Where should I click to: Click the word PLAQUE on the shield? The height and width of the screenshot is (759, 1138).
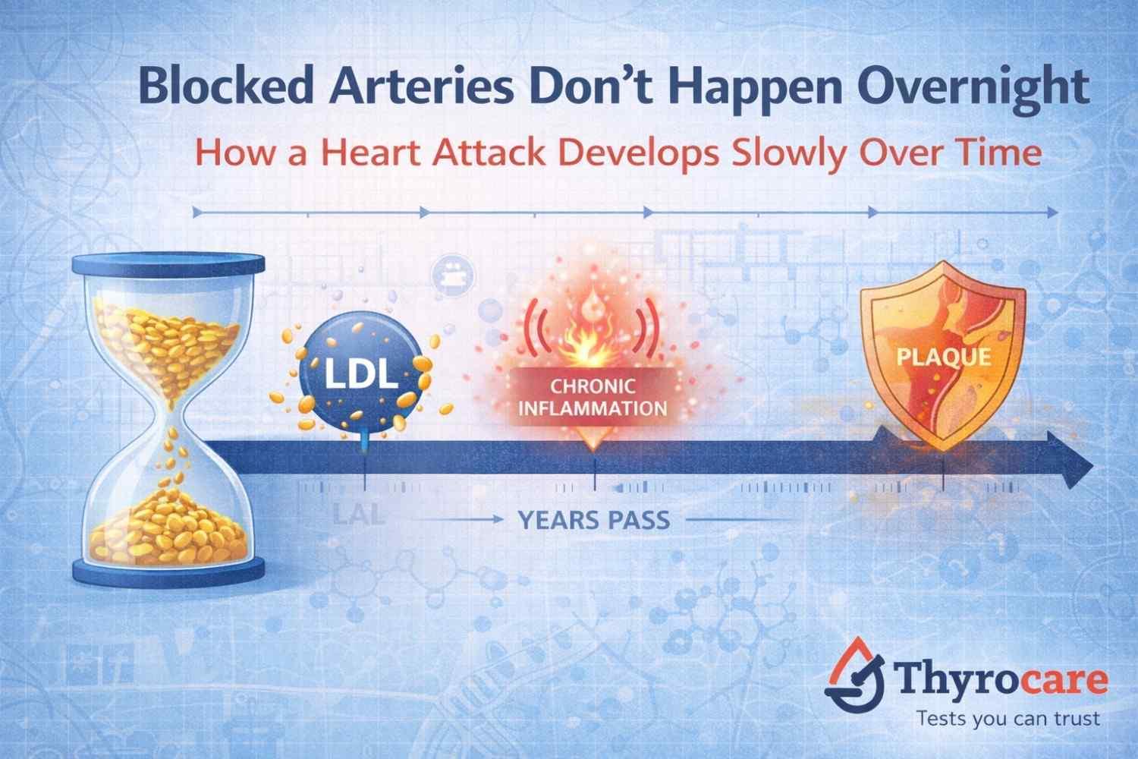pos(943,356)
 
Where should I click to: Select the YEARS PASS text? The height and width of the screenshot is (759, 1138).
pos(594,520)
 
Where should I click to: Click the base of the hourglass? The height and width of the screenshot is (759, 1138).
pos(168,568)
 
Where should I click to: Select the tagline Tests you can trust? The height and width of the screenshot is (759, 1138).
pos(1008,718)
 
